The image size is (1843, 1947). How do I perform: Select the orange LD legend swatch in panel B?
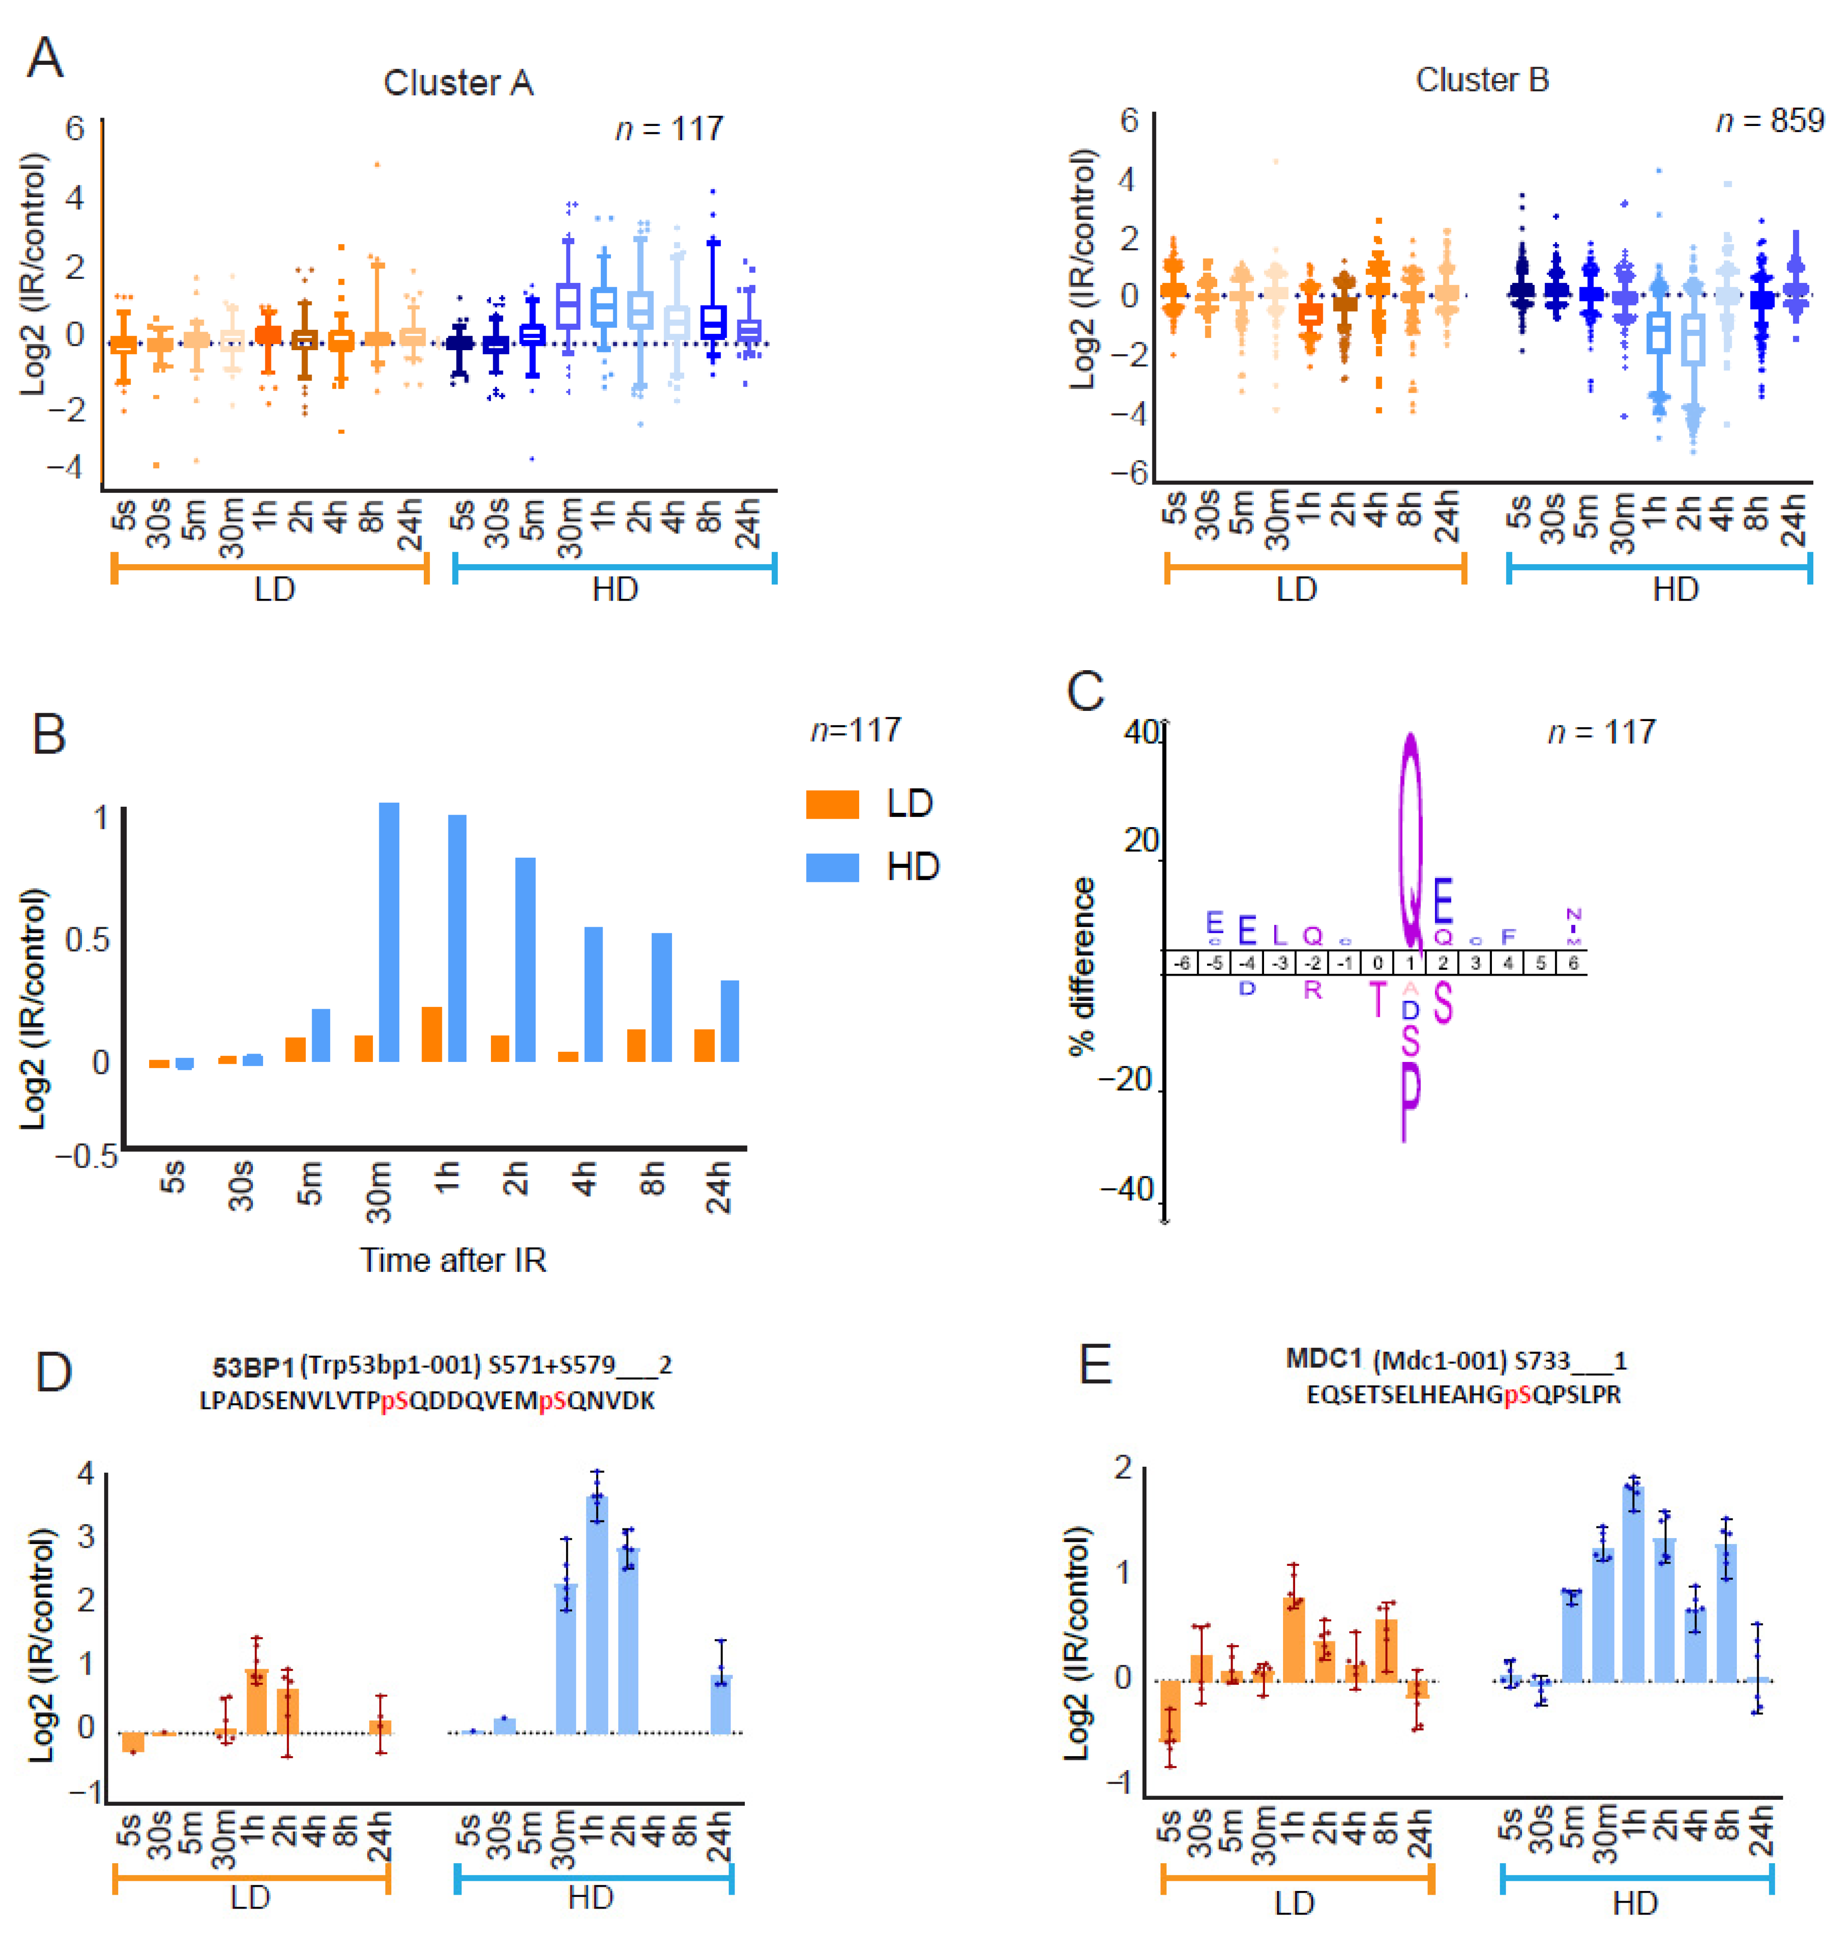[832, 804]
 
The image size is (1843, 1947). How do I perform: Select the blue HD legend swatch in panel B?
[832, 867]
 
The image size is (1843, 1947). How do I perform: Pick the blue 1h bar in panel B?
[457, 938]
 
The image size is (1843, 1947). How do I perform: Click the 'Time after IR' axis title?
[453, 1259]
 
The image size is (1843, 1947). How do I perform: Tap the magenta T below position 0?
[1378, 1000]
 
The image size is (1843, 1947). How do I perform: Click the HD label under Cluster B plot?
[1675, 590]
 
